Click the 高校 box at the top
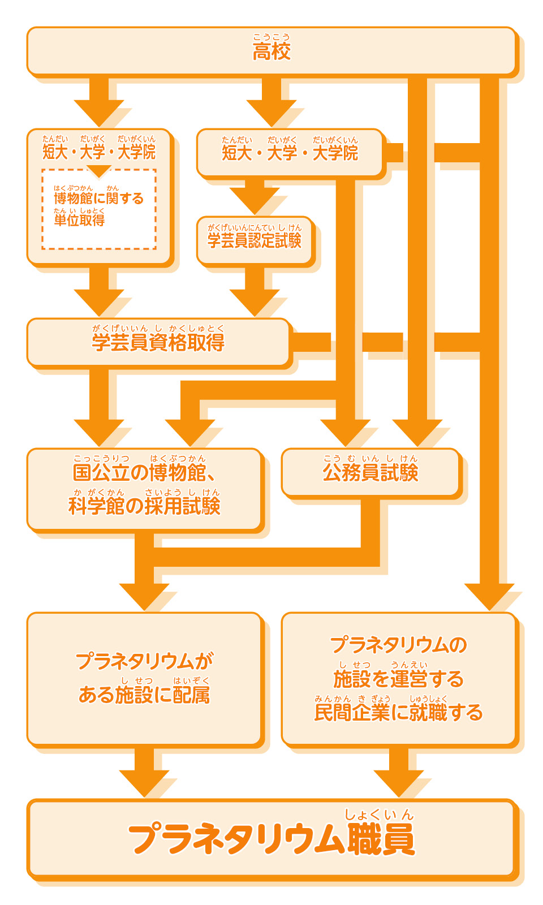(271, 51)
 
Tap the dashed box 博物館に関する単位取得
(99, 209)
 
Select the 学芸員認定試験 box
(255, 240)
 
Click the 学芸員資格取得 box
(158, 342)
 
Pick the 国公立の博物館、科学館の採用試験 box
(144, 489)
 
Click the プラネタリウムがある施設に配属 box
(144, 679)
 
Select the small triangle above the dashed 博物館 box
(99, 171)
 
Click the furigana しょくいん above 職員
(380, 815)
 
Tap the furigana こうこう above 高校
(271, 37)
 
